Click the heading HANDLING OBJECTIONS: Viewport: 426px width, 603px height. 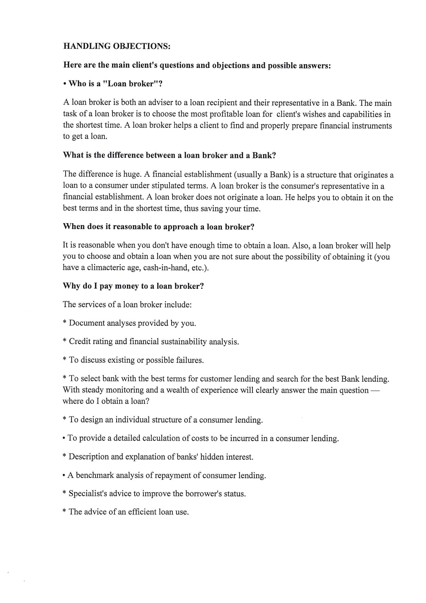(117, 46)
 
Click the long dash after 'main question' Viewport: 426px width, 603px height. (375, 390)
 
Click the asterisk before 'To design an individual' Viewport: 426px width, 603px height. (64, 419)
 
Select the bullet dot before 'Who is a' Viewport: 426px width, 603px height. (65, 84)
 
